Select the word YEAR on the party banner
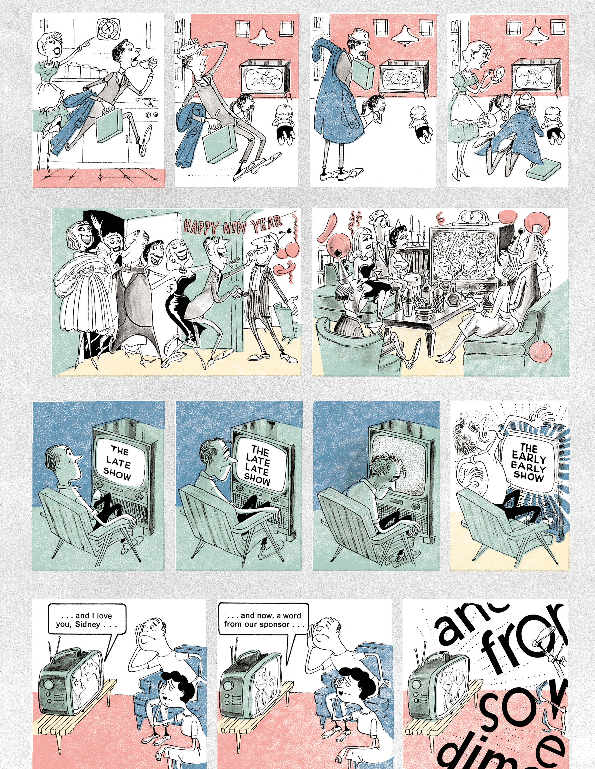pos(266,223)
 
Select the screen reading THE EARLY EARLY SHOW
pos(528,461)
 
